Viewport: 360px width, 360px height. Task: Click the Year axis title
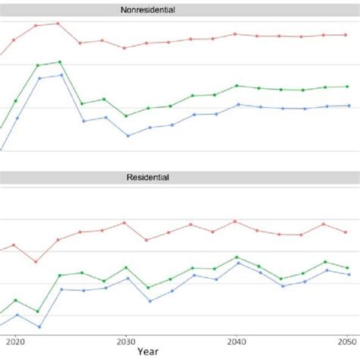tap(149, 352)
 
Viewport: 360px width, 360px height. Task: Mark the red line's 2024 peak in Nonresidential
tap(58, 23)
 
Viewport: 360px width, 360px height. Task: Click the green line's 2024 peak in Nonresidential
tap(59, 62)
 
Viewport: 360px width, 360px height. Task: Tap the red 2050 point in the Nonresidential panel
tap(347, 35)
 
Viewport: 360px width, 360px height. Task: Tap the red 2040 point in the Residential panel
tap(235, 221)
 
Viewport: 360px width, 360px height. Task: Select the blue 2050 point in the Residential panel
tap(348, 274)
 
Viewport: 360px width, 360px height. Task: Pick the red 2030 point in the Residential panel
tap(125, 223)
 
